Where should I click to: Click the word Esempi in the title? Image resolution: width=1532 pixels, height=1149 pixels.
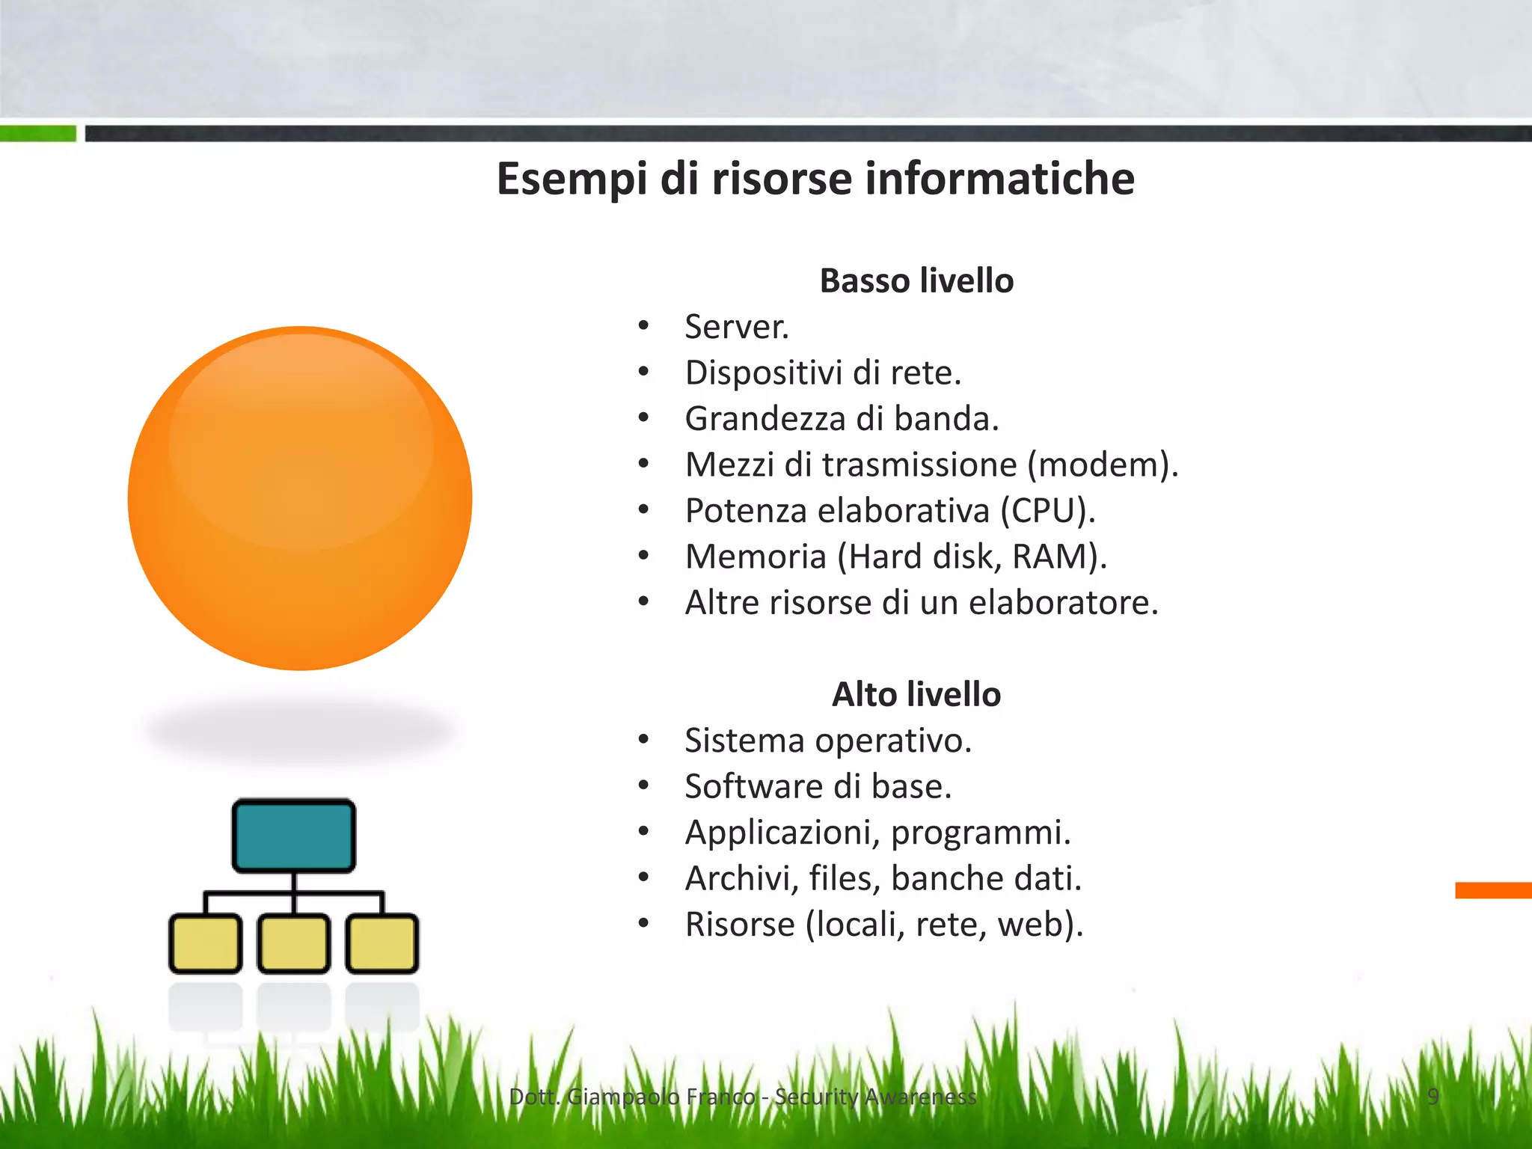coord(572,180)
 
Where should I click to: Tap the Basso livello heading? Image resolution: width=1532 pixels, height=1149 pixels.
coord(916,281)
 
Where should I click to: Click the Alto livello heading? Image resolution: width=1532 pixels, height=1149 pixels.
coord(916,695)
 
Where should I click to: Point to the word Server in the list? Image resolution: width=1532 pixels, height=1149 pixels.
coord(734,328)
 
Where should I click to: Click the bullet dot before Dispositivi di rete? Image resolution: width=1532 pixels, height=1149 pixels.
coord(643,372)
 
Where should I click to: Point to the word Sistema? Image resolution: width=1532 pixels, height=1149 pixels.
coord(745,741)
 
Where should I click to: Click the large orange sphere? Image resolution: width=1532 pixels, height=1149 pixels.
coord(300,498)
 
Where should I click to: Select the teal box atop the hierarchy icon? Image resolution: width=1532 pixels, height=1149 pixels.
coord(293,836)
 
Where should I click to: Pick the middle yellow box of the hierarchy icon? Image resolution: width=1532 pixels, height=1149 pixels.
coord(293,943)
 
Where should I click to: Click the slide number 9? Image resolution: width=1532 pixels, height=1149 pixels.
coord(1433,1097)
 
